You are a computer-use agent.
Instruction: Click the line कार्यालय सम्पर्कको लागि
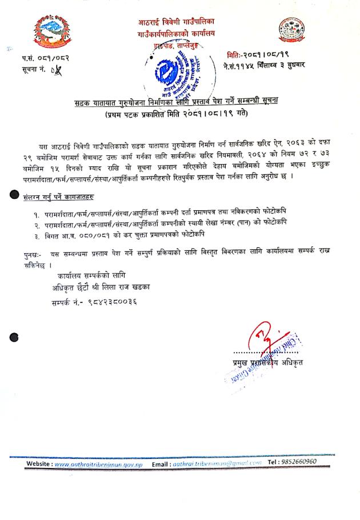coord(91,276)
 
